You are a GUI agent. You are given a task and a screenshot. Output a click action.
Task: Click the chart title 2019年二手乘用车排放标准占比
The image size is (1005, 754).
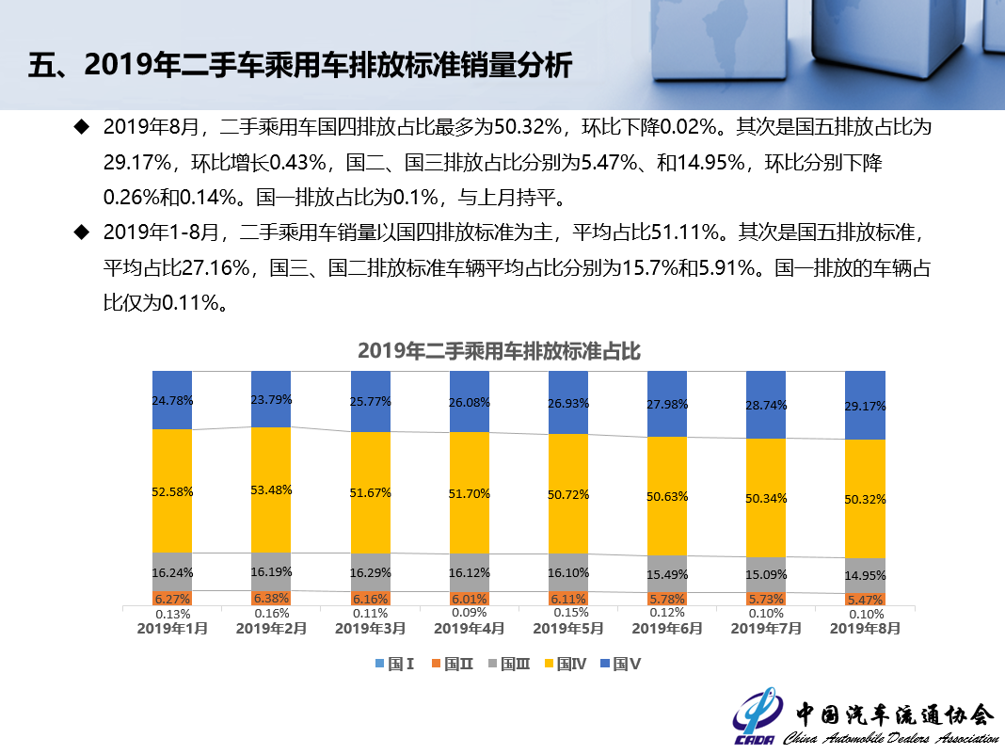click(499, 351)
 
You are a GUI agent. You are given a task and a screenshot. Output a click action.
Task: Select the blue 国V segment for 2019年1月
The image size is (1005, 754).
click(172, 399)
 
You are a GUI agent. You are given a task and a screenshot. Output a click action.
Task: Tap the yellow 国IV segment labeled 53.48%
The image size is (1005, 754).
click(271, 489)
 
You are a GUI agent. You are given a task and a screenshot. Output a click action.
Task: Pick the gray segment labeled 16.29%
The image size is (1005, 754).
click(370, 571)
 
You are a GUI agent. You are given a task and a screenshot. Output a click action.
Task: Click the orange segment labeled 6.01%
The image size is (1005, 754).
click(470, 598)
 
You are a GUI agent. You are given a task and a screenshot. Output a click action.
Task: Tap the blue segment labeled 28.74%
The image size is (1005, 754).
click(766, 405)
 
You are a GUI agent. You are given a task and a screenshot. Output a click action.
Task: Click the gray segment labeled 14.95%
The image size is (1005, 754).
click(865, 575)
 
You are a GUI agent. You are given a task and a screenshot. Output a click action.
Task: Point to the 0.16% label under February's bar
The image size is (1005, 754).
click(271, 614)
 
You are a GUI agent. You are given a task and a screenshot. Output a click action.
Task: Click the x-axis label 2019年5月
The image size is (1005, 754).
click(568, 628)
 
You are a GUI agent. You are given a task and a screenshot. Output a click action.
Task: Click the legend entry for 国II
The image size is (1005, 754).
click(454, 664)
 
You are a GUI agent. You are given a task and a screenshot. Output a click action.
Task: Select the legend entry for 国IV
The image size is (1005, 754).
click(566, 664)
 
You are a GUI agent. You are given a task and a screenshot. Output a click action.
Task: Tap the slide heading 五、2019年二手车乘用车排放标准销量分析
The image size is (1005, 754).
click(299, 67)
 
